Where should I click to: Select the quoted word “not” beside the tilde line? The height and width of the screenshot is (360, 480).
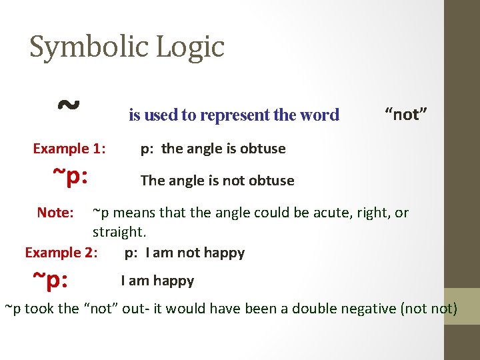[x=406, y=114]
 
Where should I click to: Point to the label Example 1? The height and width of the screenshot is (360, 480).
[x=69, y=148]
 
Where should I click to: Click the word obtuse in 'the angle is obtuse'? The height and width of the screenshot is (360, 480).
[x=264, y=148]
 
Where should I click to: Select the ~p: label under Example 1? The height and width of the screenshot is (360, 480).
[x=71, y=177]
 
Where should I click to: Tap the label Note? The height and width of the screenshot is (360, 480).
[x=55, y=213]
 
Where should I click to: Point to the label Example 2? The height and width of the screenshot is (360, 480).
[x=61, y=252]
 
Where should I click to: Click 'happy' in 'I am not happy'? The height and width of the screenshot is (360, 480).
[x=225, y=253]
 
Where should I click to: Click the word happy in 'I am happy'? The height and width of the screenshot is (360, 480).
[x=174, y=281]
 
